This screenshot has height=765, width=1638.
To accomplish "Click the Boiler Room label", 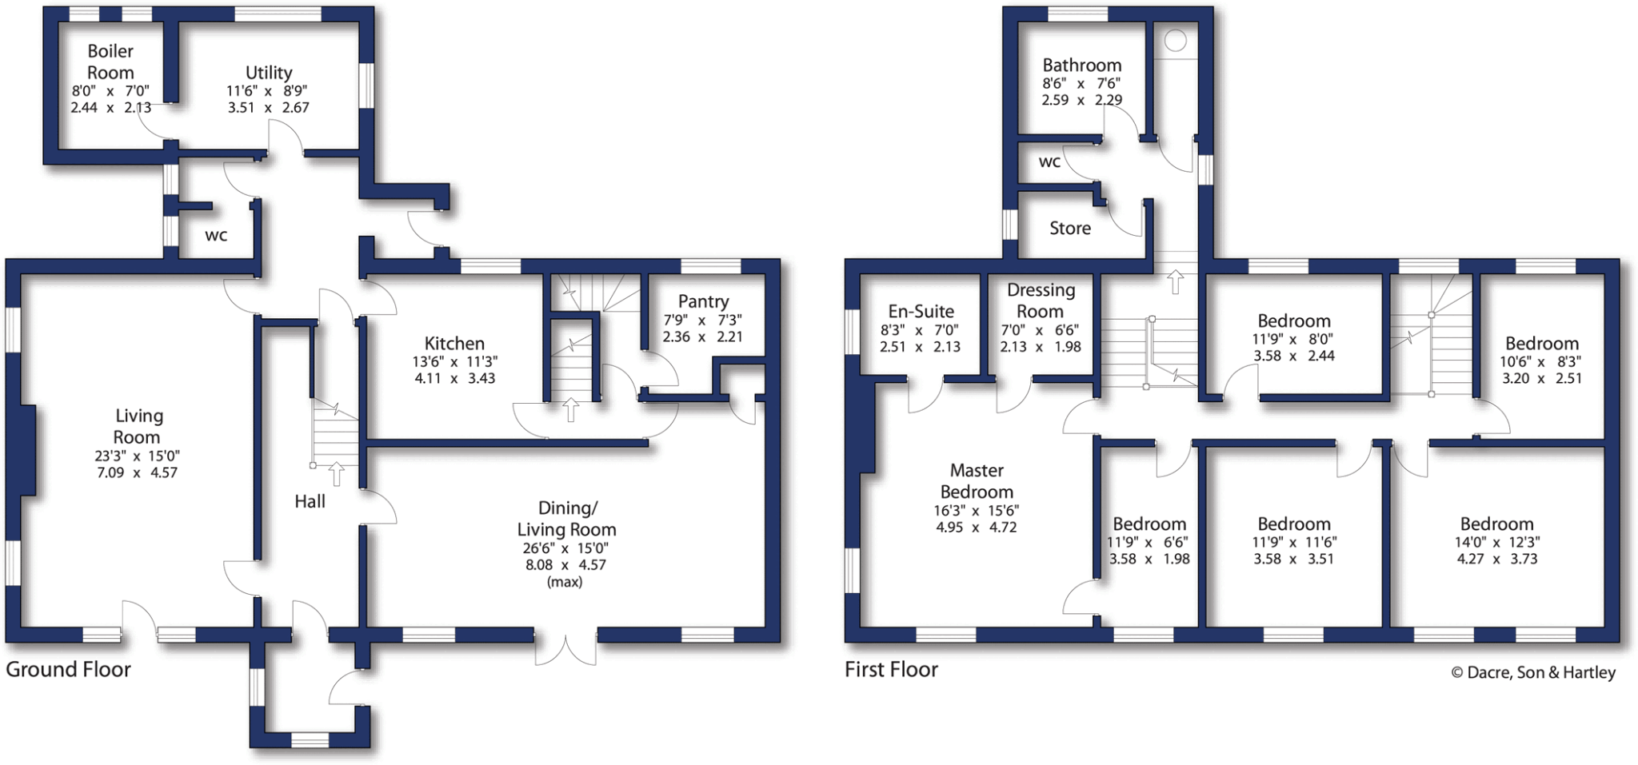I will click(x=110, y=62).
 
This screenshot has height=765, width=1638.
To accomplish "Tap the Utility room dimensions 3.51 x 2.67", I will click(x=268, y=107).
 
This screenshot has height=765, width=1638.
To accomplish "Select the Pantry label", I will click(x=703, y=301).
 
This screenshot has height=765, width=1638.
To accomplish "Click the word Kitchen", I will click(x=454, y=344).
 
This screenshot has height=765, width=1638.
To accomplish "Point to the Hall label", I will click(x=310, y=501).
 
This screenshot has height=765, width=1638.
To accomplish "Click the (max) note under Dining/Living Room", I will click(x=565, y=582).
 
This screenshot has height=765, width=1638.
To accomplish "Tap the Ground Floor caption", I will click(x=68, y=670).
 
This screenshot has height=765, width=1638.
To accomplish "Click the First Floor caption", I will click(x=891, y=670).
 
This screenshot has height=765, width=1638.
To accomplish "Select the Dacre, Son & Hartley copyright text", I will click(x=1533, y=673).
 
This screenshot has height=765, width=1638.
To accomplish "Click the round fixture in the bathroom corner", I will click(x=1176, y=40).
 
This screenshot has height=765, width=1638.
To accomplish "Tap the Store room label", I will click(x=1069, y=229).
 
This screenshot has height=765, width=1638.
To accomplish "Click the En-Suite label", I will click(x=921, y=312).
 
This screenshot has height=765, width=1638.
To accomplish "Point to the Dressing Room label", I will click(x=1041, y=301).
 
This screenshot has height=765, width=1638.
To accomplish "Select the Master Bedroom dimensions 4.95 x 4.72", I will click(x=976, y=528).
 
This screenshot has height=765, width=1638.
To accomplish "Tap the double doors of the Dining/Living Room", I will click(x=565, y=650).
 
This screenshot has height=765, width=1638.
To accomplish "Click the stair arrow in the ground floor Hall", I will click(x=337, y=473).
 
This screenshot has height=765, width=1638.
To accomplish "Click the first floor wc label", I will click(x=1049, y=162).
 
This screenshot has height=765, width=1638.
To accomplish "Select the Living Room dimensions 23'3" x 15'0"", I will click(x=137, y=456).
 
